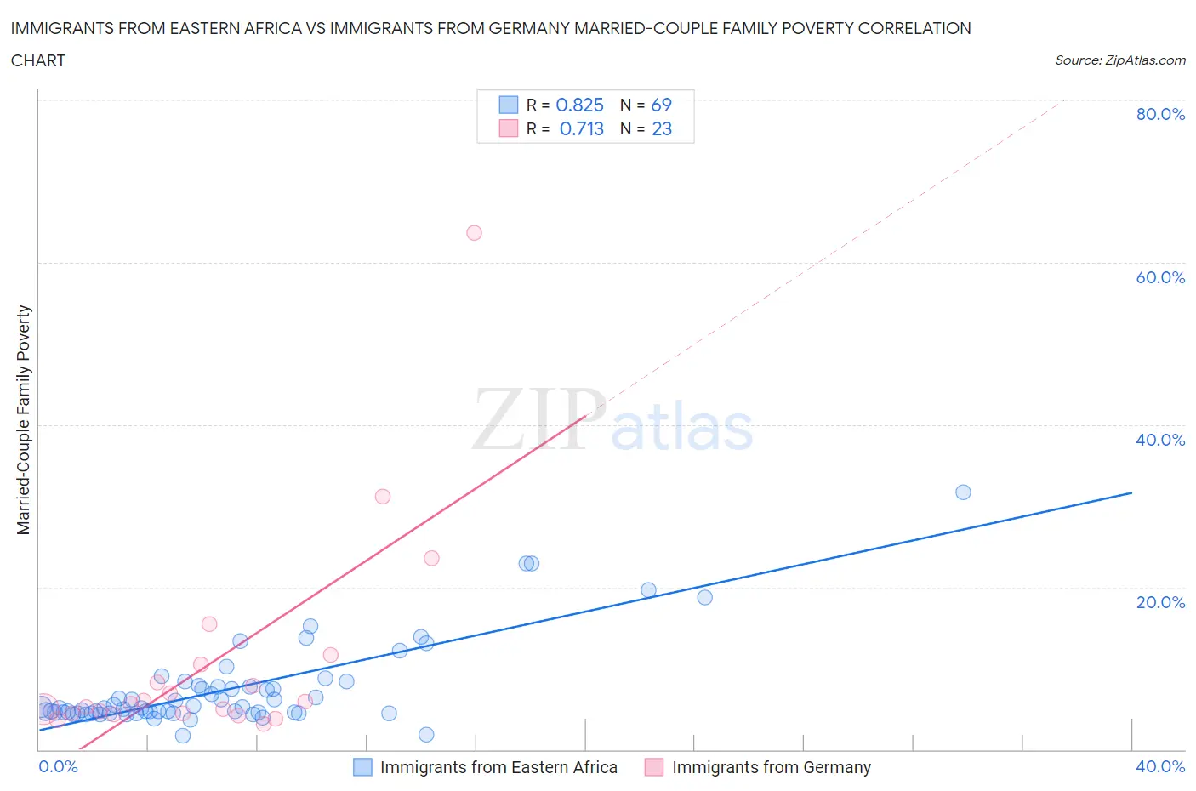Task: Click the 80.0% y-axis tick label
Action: coord(1160,114)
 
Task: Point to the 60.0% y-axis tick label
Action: coord(1160,277)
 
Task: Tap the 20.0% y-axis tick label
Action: coord(1160,602)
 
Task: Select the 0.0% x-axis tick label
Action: coord(58,766)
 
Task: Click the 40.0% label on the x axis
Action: coord(1160,766)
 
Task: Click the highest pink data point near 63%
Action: coord(474,233)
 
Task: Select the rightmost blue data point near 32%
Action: coord(963,492)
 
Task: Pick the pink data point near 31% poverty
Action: coord(383,497)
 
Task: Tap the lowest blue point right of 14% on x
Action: coord(426,735)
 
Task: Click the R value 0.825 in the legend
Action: coord(579,105)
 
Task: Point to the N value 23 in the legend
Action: coord(662,128)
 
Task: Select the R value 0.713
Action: coord(582,128)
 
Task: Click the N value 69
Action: coord(661,105)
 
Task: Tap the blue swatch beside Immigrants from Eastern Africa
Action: coord(362,767)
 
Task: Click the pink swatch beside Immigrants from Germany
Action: coord(653,767)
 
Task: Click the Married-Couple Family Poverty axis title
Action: coord(24,420)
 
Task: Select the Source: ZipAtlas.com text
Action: coord(1119,60)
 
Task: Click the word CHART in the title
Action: coord(38,60)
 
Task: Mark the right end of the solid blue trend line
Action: coord(1132,492)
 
